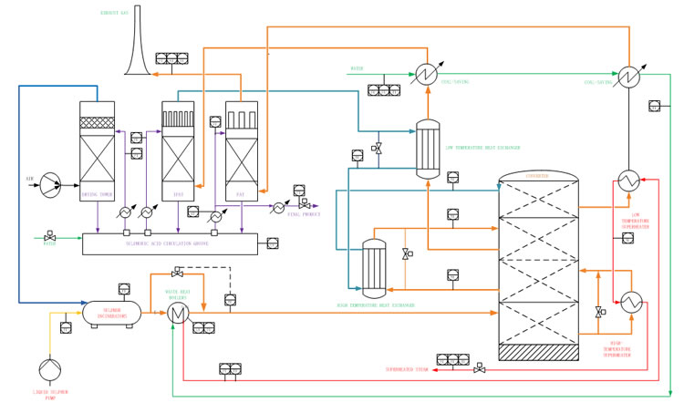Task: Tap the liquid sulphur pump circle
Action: pos(47,369)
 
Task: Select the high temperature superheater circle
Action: pos(629,301)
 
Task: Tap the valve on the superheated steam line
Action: pos(481,368)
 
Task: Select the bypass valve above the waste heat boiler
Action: pos(177,273)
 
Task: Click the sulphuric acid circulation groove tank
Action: pos(171,243)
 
